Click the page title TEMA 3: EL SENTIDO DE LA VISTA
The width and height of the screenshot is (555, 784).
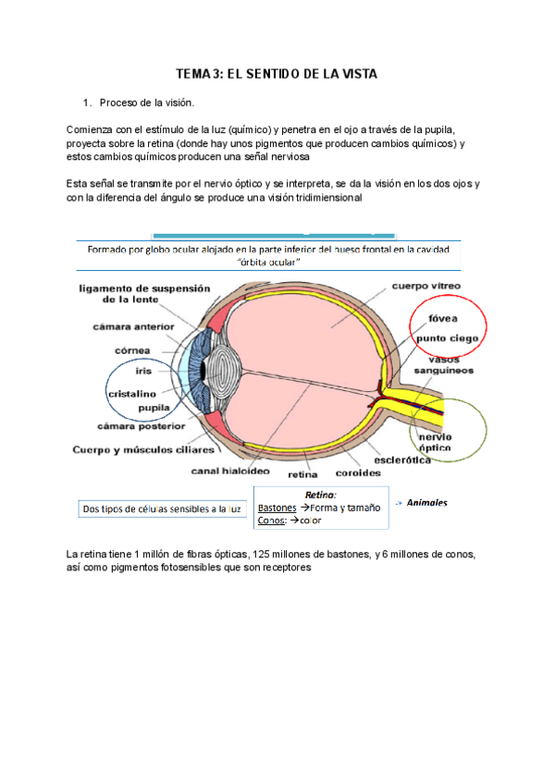[277, 74]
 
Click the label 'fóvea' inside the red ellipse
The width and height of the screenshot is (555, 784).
[442, 318]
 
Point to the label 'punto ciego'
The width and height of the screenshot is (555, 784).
[447, 338]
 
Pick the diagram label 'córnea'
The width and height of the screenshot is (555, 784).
[132, 350]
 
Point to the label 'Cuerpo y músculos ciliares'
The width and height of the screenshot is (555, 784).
[143, 450]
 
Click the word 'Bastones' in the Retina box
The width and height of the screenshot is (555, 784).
[277, 508]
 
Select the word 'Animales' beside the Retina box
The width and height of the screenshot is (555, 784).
[427, 503]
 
